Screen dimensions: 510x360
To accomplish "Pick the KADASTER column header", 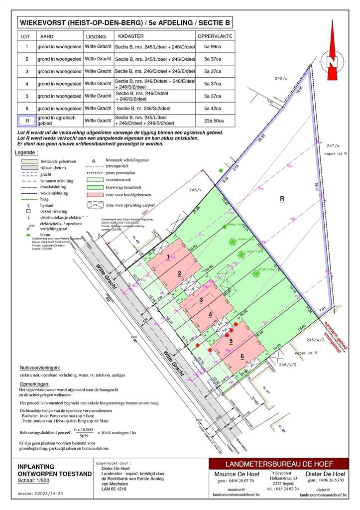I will pos(131,36).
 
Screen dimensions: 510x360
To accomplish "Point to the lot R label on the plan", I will pos(282,198).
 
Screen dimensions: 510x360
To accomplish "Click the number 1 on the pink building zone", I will pos(168,256).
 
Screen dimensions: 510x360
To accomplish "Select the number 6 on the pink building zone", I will pos(242,356).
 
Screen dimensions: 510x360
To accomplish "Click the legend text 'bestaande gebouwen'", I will pos(57,161).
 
